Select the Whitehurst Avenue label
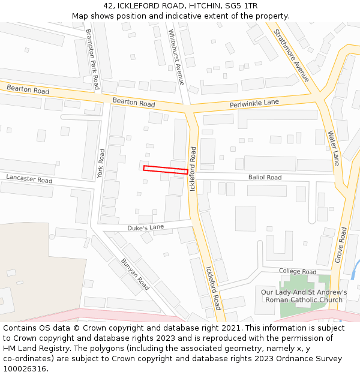[x=176, y=57]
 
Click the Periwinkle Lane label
[x=254, y=104]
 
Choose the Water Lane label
[x=333, y=148]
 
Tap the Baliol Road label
[x=265, y=178]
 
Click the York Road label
[x=101, y=163]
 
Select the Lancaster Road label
[x=29, y=179]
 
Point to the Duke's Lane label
[x=145, y=228]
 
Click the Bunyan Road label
[x=135, y=274]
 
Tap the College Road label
[x=297, y=272]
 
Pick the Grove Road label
[x=340, y=244]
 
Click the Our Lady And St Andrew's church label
[x=304, y=296]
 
